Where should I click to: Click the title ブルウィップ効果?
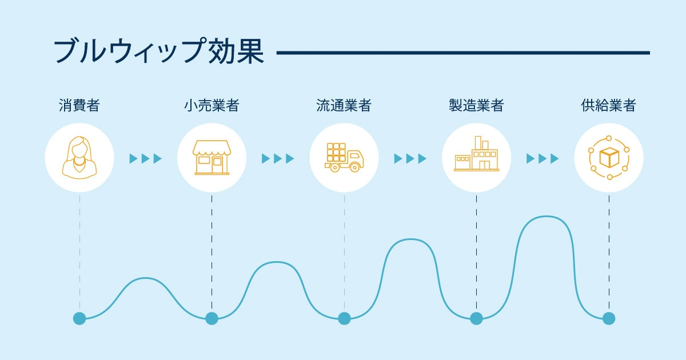159,50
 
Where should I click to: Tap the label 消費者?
79,105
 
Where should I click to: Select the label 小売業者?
212,105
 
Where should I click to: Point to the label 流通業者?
344,105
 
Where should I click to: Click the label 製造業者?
476,105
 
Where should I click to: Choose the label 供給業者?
608,105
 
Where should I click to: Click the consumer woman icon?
79,158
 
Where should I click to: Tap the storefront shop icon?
212,158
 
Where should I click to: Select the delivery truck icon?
344,157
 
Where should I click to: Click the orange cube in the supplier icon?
609,158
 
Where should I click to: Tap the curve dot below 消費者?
79,318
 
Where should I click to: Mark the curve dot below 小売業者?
212,318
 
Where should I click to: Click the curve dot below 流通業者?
344,318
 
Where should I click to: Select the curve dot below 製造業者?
476,318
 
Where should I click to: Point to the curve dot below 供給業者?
609,318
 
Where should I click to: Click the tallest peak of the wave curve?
546,217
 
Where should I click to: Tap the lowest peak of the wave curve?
145,278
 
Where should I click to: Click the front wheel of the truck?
354,167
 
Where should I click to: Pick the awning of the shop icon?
212,148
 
